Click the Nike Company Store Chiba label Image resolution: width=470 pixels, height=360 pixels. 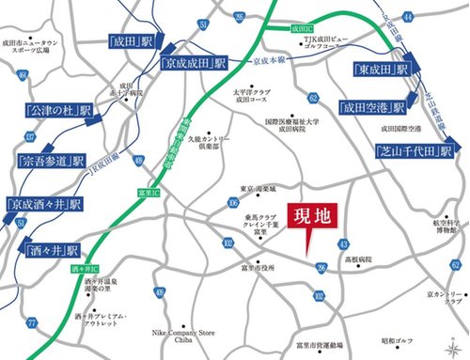[181, 337]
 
